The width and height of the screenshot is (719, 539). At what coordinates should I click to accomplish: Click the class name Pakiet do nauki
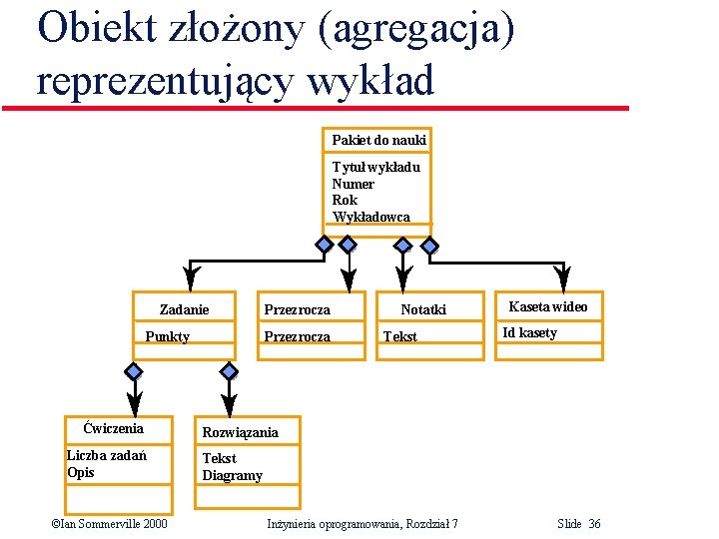click(378, 140)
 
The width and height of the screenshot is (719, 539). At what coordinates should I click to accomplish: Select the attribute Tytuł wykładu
click(375, 167)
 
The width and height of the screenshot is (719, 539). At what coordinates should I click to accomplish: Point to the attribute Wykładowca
click(370, 217)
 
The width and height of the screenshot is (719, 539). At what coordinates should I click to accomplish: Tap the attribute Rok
click(345, 200)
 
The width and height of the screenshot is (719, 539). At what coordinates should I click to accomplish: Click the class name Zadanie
click(185, 309)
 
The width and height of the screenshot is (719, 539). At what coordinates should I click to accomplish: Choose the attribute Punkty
click(167, 336)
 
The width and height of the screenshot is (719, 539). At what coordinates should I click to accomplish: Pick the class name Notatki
click(423, 310)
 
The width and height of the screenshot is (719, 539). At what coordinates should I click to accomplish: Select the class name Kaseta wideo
click(548, 306)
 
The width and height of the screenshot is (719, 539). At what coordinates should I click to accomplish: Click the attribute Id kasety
click(529, 332)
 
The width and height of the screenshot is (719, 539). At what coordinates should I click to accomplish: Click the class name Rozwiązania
click(241, 432)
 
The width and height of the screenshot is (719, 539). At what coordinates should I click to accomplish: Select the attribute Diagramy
click(232, 475)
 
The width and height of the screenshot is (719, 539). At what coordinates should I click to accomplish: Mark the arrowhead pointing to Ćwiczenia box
click(133, 403)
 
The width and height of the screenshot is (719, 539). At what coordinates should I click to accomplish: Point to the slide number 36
click(594, 524)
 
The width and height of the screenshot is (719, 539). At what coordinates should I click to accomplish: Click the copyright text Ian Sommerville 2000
click(110, 524)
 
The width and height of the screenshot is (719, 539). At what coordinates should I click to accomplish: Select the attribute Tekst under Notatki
click(400, 336)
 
